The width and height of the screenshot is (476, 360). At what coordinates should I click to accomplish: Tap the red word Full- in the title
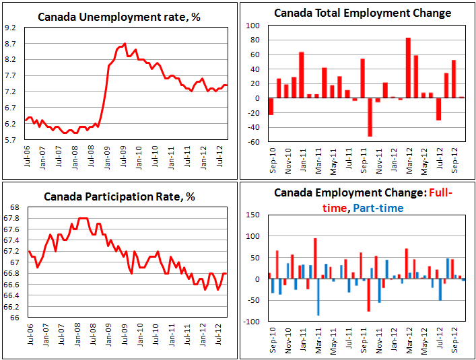(x=438, y=192)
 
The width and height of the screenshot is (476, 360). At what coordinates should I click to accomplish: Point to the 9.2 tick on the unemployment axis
(x=11, y=28)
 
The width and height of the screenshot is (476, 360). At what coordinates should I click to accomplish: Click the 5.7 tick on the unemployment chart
(x=11, y=140)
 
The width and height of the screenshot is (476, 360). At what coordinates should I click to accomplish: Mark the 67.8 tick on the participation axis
(x=11, y=218)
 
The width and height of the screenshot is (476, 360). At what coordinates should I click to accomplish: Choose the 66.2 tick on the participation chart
(x=11, y=306)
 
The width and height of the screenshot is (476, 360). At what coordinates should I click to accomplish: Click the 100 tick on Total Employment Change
(x=255, y=26)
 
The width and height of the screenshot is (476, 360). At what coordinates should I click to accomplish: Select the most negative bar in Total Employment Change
(x=370, y=117)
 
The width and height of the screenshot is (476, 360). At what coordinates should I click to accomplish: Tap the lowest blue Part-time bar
(x=318, y=297)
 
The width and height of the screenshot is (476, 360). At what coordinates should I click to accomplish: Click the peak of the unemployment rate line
(x=125, y=44)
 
